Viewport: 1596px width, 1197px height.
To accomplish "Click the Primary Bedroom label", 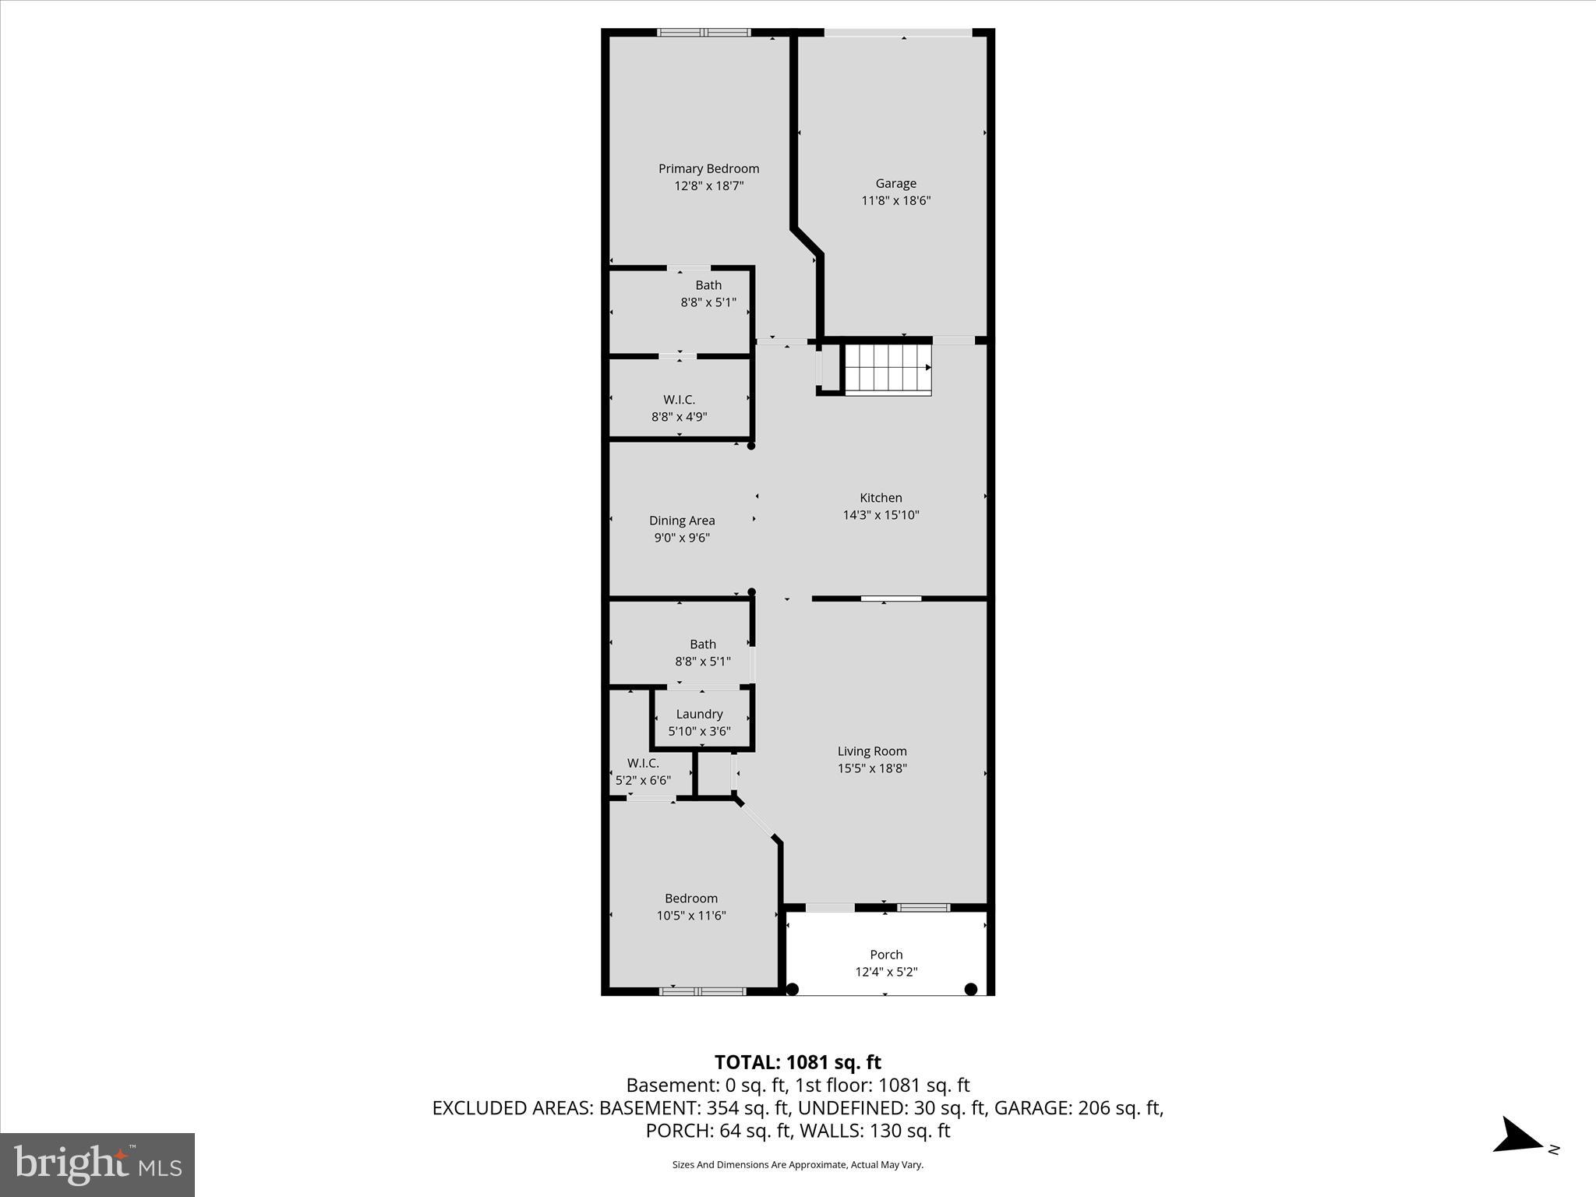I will (x=708, y=168).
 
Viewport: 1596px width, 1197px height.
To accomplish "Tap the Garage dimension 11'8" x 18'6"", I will (x=895, y=200).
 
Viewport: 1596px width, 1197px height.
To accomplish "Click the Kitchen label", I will (x=881, y=497).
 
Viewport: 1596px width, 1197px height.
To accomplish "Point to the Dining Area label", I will (x=682, y=521).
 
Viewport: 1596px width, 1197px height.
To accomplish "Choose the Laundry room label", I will (x=699, y=714).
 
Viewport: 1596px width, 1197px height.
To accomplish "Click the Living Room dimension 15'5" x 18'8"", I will (x=872, y=768).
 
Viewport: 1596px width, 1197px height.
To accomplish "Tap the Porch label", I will (x=886, y=955).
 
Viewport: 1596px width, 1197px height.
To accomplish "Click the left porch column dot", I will (x=793, y=990).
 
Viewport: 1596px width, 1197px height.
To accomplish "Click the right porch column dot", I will (x=971, y=990).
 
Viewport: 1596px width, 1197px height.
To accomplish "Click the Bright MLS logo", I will (x=97, y=1164).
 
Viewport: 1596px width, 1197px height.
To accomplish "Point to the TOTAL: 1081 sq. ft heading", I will (x=797, y=1062).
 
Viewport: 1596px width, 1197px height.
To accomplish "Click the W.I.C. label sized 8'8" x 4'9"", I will (x=679, y=400).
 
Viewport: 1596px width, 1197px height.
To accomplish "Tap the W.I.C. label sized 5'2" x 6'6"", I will (x=643, y=763).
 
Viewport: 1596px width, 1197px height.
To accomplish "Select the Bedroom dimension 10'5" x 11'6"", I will (x=691, y=916).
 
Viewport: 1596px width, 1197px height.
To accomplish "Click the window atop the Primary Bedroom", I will (x=703, y=33).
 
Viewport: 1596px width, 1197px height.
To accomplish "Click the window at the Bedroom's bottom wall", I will (x=702, y=991).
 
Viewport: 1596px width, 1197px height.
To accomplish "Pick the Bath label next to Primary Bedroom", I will (x=708, y=285).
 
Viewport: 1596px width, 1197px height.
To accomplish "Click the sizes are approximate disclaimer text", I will (x=797, y=1165).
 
